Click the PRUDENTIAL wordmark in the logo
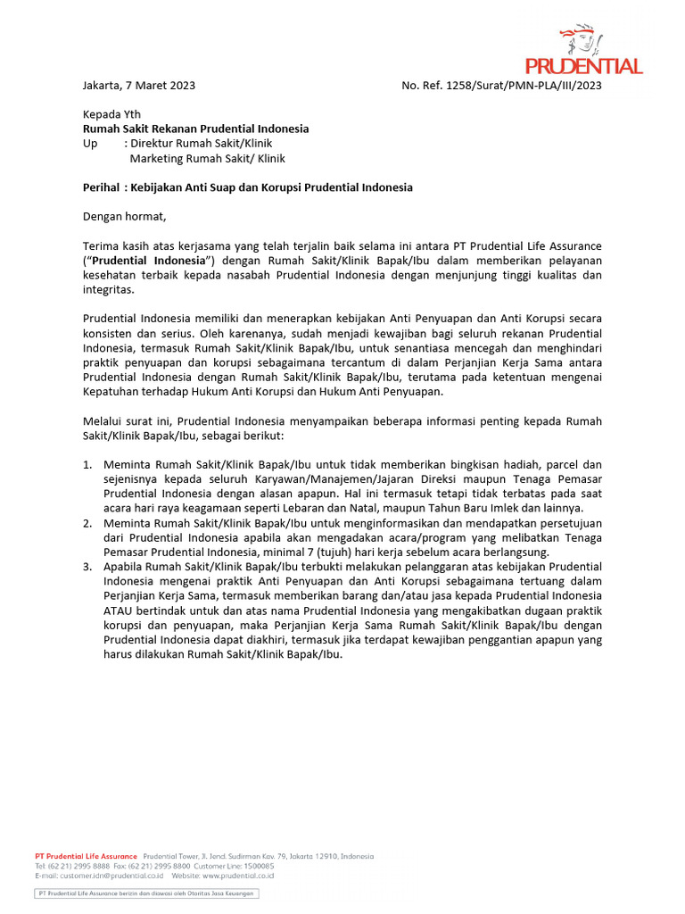583,66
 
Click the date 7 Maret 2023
162,86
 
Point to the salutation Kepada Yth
111,114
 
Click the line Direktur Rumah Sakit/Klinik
201,143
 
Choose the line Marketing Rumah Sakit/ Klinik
207,158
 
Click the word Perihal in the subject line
101,187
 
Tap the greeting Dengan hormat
124,216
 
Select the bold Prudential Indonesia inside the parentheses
148,260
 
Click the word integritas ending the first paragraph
109,289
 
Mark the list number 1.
87,465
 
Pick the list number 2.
87,523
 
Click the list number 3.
87,567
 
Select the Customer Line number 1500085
259,866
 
